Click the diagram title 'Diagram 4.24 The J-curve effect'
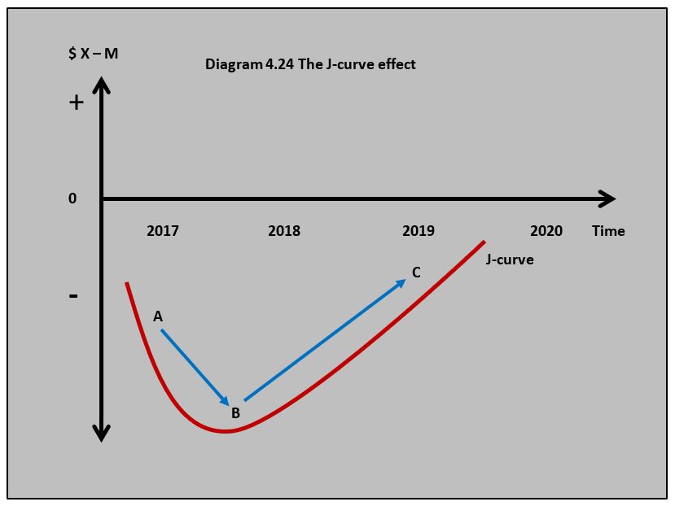[x=310, y=64]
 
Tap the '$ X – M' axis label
[x=94, y=54]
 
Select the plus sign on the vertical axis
[x=76, y=103]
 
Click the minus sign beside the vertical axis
[x=73, y=295]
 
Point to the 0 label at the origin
[x=72, y=198]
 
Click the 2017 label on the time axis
[x=163, y=231]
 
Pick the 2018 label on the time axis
[x=284, y=231]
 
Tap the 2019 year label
[x=419, y=231]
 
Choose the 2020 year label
[x=546, y=231]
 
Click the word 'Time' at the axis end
[x=608, y=231]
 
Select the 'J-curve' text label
[x=510, y=260]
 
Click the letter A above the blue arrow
[x=158, y=316]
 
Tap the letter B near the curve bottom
[x=235, y=413]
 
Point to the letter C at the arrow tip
[x=416, y=273]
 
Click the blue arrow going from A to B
[x=195, y=367]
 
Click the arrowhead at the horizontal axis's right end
[x=607, y=198]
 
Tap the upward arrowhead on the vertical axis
[x=101, y=85]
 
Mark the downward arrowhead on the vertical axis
[x=101, y=432]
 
